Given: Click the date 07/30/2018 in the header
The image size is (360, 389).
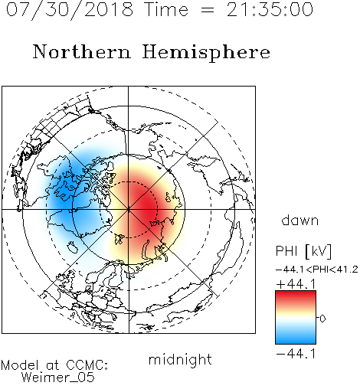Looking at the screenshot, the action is coord(70,10).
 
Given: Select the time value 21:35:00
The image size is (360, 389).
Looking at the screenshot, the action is coord(270,9).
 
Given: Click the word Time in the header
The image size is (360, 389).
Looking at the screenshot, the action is coord(166,9).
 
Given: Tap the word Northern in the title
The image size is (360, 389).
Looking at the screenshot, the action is coord(82,51).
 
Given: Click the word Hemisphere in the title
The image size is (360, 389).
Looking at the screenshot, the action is coord(206,53).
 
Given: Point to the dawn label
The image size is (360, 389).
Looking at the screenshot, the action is coord(300,220).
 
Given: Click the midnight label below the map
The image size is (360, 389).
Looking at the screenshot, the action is coord(180,359).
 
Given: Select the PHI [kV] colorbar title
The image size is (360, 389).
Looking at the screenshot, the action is coord(303,251).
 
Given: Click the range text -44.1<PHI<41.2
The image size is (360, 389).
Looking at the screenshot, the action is coord(317,270).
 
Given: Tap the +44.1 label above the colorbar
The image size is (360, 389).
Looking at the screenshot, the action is coord(296,284).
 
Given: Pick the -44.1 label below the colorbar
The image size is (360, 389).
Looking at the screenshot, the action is coord(296,354).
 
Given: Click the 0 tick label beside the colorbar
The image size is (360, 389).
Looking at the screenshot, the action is coord(322,319).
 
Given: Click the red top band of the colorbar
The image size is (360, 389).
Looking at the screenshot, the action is coord(296,296).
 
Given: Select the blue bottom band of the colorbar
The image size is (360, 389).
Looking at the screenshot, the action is coord(296,338).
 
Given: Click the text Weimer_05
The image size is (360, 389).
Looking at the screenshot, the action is coord(58,378).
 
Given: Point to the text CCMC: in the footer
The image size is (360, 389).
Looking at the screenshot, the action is coord(87,364).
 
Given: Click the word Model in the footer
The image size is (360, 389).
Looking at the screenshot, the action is coord(20,364).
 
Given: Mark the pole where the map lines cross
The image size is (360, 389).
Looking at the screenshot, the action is coord(129,209).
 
